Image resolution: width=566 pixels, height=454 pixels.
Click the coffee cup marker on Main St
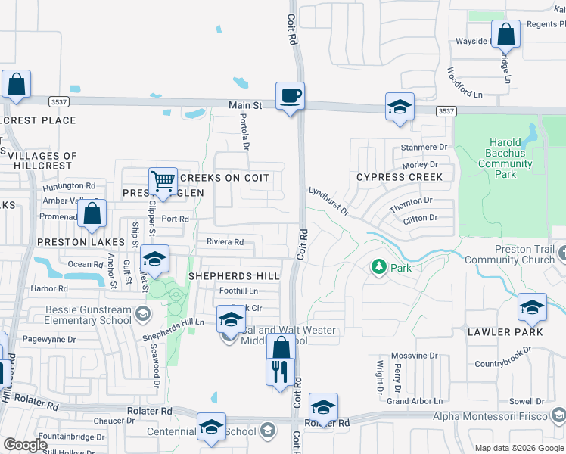pos(290,97)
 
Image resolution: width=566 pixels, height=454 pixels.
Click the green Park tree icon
pos(378,267)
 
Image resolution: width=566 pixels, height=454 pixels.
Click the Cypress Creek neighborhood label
pos(400,177)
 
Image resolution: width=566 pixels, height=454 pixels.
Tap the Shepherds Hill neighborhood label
pos(234,276)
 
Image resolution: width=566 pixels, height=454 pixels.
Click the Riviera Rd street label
pos(225,242)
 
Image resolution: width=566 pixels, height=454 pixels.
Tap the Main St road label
pos(245,106)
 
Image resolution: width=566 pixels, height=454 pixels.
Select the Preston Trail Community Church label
pos(509,255)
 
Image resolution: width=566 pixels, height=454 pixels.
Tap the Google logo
pos(25,445)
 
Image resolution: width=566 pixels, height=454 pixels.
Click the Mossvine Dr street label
pos(412,356)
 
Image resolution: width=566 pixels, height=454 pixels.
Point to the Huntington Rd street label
pos(69,185)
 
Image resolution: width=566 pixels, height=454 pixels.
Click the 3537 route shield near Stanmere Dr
pos(446,110)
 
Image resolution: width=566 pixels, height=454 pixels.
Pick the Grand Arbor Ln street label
pos(414,401)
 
